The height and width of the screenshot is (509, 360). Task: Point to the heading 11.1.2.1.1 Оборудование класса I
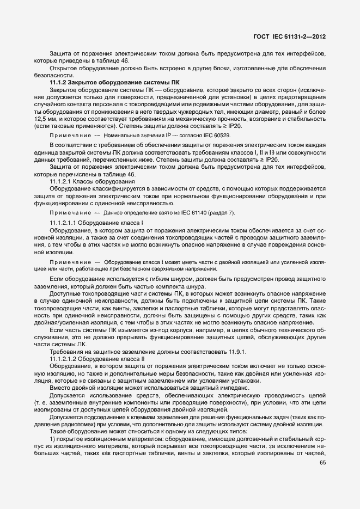[x=96, y=223]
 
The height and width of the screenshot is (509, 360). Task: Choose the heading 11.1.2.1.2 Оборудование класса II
[x=97, y=359]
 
